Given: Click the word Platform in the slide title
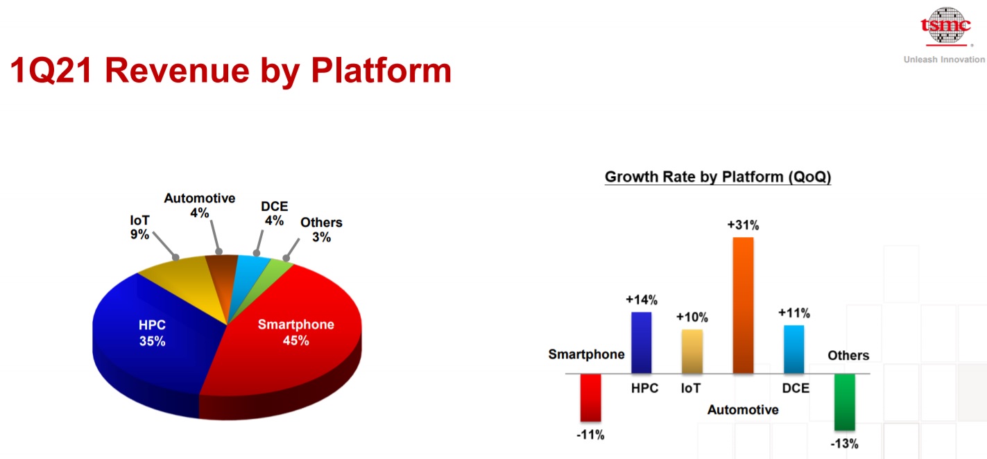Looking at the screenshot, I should tap(381, 71).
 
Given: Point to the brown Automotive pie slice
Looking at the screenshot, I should tap(223, 274).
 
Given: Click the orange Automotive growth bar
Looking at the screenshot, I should tap(743, 305).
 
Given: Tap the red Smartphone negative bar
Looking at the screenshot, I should tap(590, 397).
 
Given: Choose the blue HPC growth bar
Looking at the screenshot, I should tap(641, 343).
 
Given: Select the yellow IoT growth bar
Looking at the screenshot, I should tap(692, 352).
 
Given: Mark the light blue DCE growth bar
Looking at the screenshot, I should tap(793, 349).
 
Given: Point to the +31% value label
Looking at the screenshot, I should tap(743, 225).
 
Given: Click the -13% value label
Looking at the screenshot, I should tap(844, 444).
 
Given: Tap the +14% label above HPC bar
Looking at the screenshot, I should tap(641, 300).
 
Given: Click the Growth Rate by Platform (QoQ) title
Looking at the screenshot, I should tap(718, 177).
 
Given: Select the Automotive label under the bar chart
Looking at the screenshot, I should tap(743, 410).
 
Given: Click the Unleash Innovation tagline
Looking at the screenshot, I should tap(944, 60).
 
